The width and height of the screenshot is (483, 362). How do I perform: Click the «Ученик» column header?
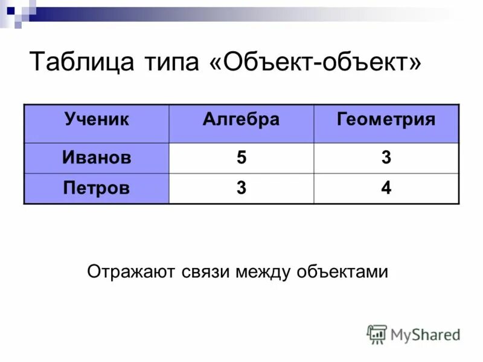point(97,119)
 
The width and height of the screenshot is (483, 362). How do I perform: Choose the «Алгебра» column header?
point(241,119)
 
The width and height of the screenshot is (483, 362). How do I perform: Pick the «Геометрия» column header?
point(386,119)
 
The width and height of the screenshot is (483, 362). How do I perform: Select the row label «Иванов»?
point(97,158)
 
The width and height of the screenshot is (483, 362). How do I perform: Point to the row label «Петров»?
point(97,188)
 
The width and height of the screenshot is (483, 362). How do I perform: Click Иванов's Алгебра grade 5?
point(241,158)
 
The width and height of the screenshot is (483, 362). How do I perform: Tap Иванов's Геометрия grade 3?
point(386,158)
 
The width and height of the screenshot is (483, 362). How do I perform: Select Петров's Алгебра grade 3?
point(241,188)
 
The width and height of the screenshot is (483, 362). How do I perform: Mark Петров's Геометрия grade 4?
point(386,188)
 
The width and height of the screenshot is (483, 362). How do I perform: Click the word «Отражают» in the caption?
point(130,272)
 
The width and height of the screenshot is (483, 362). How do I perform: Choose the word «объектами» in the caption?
point(342,272)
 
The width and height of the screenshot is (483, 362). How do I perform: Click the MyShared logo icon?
point(377,334)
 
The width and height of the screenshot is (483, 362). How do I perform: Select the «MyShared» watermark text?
point(425,334)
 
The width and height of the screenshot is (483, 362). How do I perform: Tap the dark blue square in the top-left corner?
point(10,10)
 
